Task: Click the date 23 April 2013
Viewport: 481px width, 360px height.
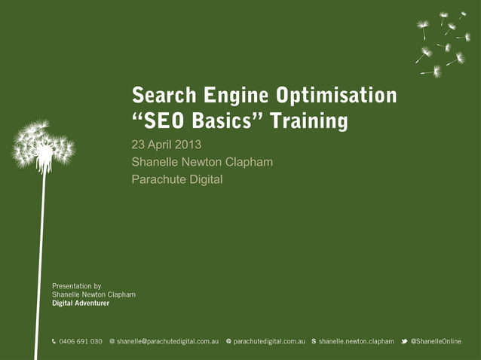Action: [167, 145]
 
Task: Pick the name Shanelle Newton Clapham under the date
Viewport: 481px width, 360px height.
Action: [202, 162]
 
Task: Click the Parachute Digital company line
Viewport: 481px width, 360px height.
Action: [177, 179]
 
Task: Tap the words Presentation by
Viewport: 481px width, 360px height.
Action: [76, 286]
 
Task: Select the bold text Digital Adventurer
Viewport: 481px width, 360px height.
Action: [81, 304]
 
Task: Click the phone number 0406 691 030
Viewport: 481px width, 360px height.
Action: [81, 342]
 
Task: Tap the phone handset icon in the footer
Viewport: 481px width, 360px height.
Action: [54, 342]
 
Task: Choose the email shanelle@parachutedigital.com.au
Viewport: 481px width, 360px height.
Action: [167, 342]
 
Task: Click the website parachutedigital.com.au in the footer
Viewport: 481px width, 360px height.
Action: [269, 342]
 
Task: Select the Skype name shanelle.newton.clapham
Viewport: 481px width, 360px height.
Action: [356, 342]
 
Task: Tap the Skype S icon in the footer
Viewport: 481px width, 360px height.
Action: [314, 342]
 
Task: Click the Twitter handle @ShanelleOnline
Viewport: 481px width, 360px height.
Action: [436, 342]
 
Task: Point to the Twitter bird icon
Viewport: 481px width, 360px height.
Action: [404, 342]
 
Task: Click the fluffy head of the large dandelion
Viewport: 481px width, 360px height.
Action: [43, 145]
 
